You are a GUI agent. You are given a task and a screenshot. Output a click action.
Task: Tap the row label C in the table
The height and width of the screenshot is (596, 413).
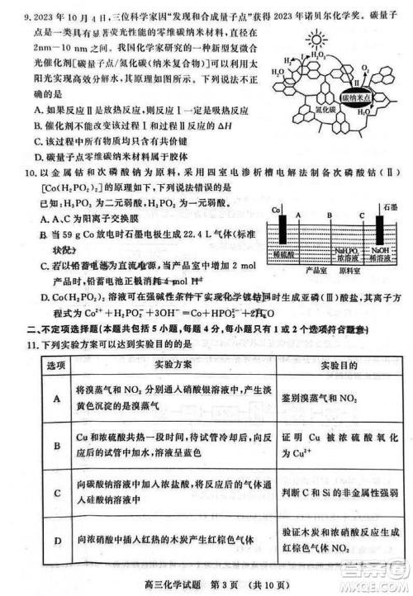pos(58,493)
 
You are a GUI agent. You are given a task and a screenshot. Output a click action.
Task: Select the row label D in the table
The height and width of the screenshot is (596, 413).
pos(58,542)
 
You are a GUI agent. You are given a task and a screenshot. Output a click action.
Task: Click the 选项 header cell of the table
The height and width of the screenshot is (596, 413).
pos(55,364)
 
